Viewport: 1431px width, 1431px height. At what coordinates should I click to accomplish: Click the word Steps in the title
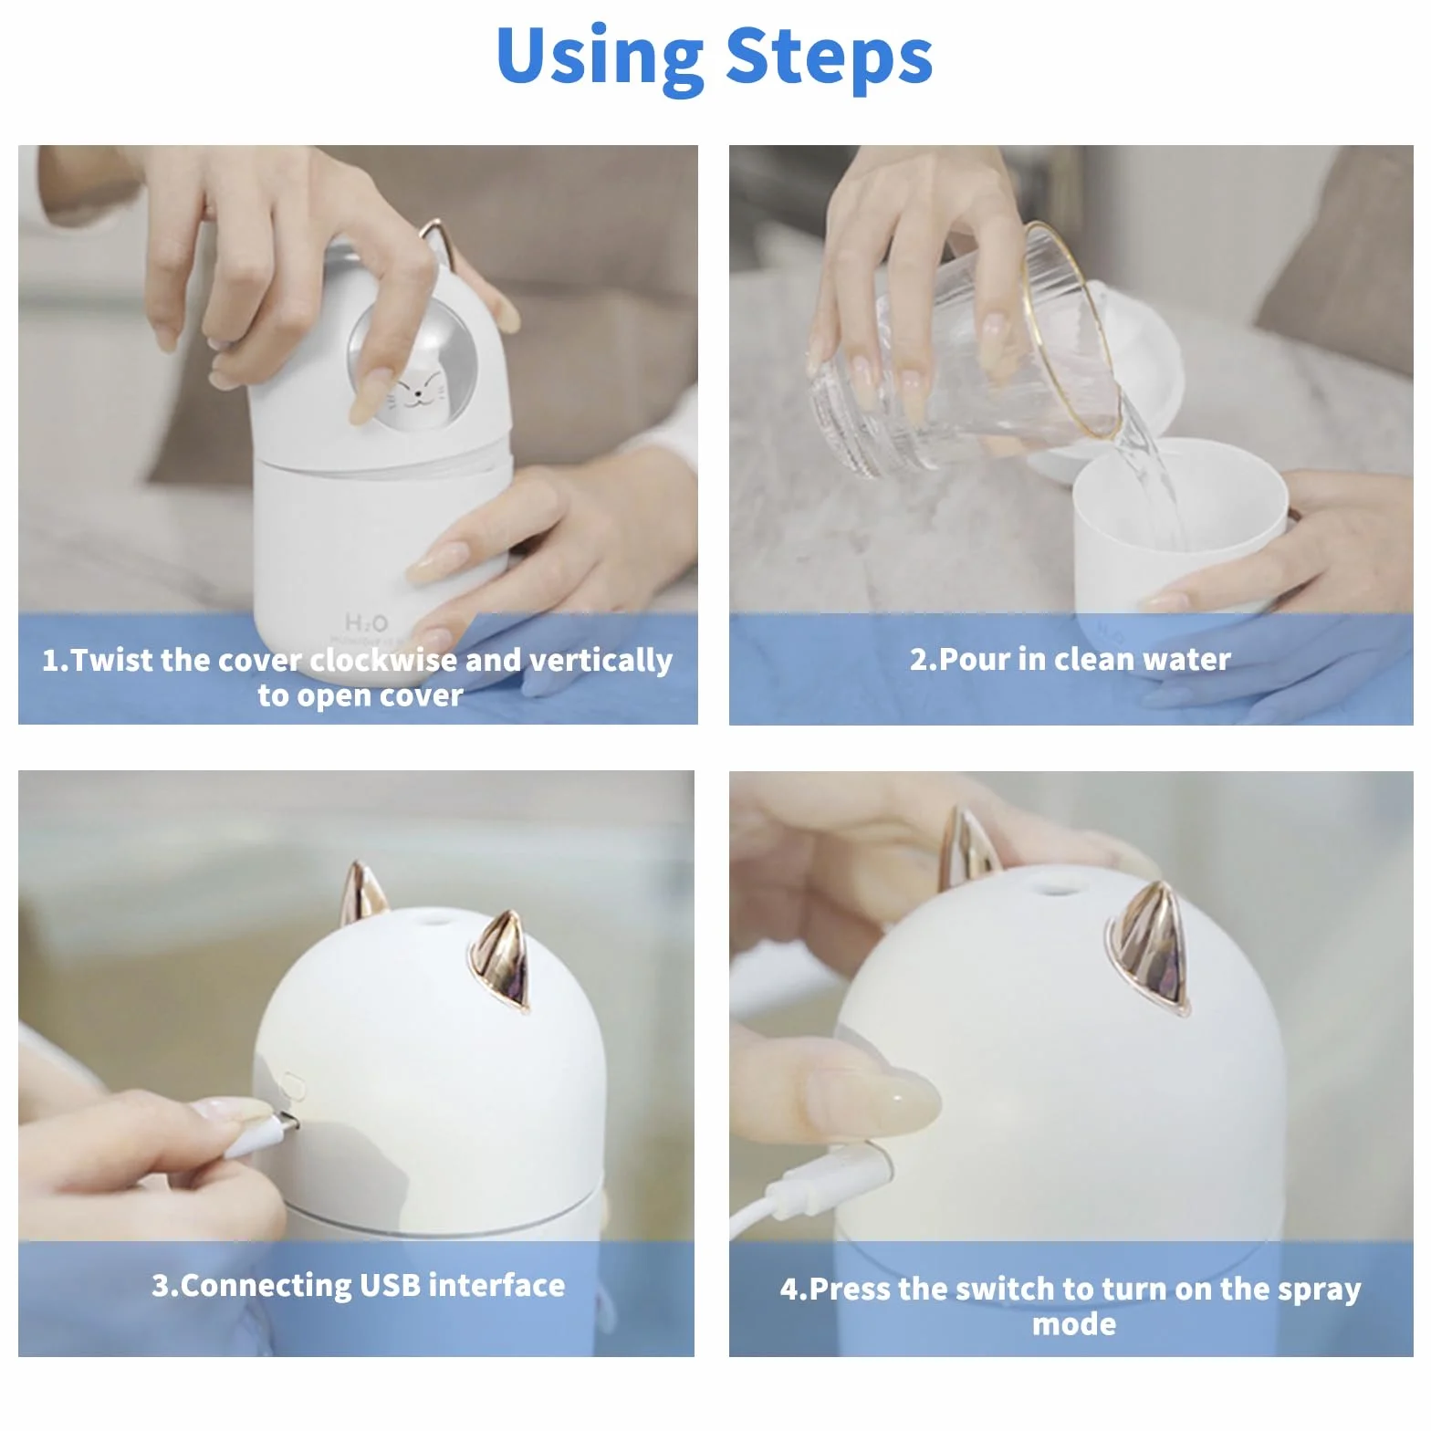829,55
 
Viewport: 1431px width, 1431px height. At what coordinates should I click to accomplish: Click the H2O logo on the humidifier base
366,622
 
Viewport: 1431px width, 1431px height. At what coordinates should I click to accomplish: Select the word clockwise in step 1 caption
383,659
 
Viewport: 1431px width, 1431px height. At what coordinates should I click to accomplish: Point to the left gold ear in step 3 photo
363,894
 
